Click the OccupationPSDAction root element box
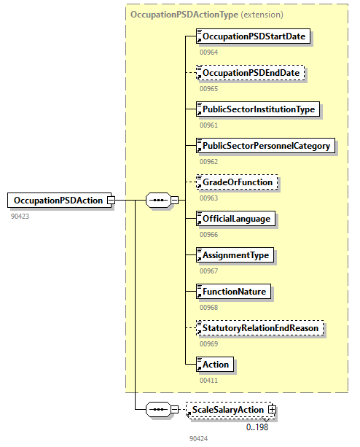(57, 200)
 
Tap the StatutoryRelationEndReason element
(259, 328)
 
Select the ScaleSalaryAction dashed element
(229, 411)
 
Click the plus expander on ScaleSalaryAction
(273, 411)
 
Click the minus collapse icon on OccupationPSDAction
(111, 200)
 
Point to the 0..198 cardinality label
(257, 427)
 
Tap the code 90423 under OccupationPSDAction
(20, 216)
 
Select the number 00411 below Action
(208, 380)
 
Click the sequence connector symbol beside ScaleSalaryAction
(158, 411)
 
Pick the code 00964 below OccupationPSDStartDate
(208, 53)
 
